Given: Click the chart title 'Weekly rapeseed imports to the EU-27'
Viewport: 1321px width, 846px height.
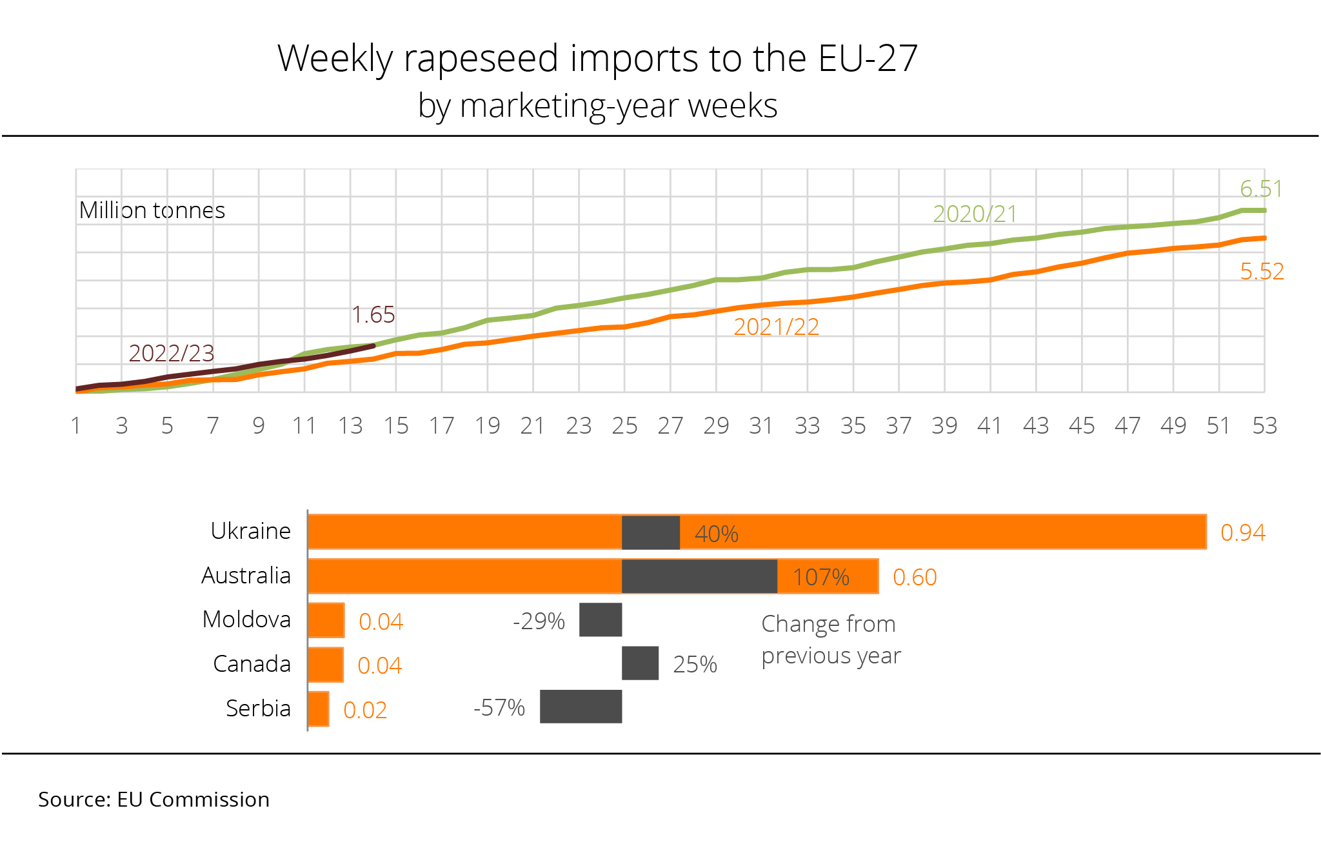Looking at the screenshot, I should point(597,59).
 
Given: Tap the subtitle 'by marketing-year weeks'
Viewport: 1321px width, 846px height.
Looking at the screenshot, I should point(597,106).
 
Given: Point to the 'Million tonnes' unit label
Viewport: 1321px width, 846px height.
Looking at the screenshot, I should point(152,210).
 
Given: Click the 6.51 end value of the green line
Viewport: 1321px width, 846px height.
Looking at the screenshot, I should point(1260,189).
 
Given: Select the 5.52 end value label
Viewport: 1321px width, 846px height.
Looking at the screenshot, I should point(1262,272).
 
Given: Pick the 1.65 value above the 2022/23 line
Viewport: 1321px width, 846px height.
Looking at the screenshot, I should point(373,315).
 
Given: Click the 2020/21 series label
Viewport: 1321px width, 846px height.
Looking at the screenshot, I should point(975,214).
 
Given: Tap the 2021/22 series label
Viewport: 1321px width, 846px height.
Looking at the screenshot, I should point(776,327).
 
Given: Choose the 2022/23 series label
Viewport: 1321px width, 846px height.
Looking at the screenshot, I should point(171,354).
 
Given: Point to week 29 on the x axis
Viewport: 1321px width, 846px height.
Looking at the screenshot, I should point(716,426).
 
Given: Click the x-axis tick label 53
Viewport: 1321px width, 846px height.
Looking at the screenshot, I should point(1264,426).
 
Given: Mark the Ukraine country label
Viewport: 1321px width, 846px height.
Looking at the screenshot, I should point(250,531).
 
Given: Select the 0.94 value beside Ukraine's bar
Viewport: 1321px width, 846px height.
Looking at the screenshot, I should point(1242,532).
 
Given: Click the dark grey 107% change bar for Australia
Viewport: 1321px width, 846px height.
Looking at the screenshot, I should point(699,576).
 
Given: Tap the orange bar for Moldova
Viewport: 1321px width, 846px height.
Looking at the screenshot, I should point(326,620).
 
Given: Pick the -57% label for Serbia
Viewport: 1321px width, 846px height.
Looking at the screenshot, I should point(499,708).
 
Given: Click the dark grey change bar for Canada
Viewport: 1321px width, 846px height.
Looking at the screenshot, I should point(640,663).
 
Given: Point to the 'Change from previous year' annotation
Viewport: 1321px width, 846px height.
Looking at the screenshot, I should point(831,640).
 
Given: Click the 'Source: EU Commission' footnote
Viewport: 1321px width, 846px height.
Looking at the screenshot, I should point(154,800).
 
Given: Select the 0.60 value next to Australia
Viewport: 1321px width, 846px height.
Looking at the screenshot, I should point(914,577).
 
